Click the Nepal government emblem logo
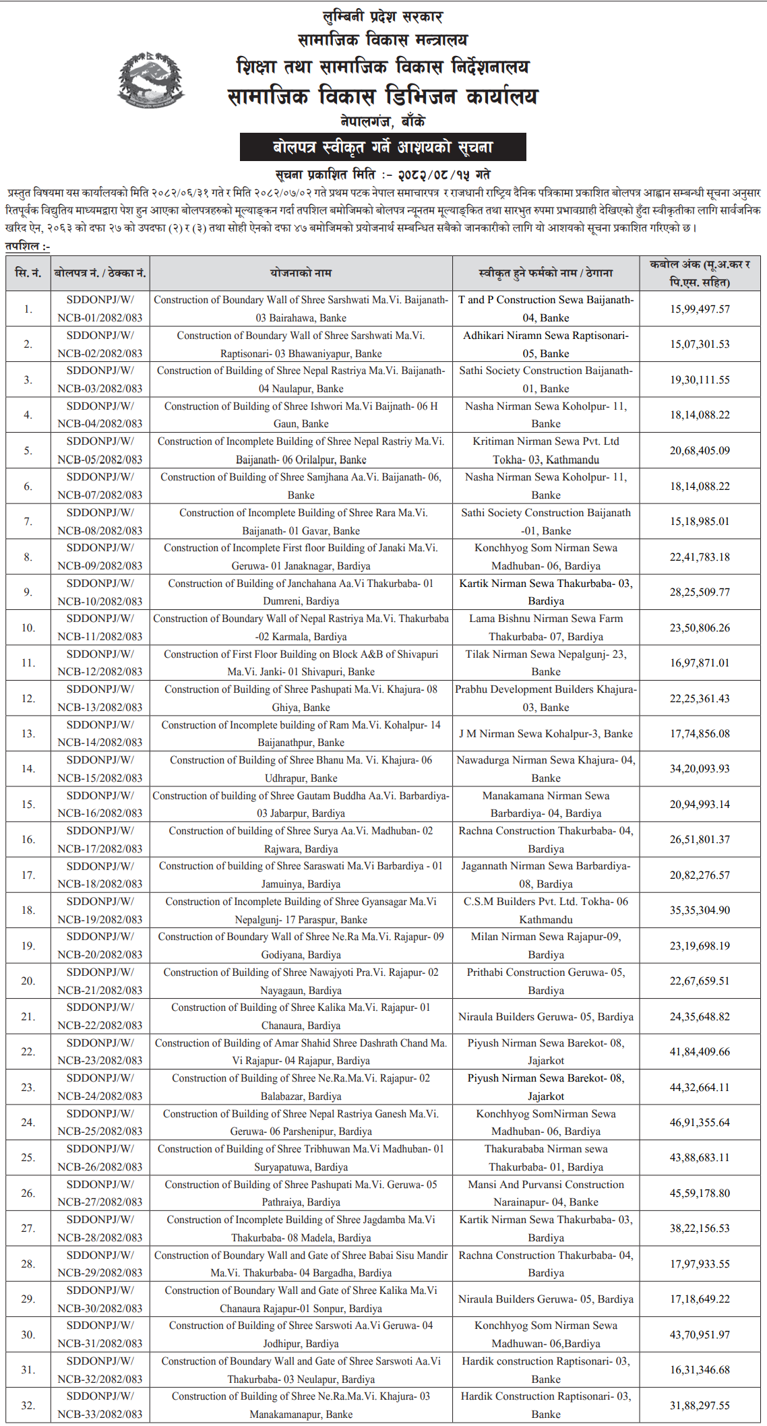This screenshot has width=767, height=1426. (x=151, y=80)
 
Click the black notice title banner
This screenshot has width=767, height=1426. (x=383, y=147)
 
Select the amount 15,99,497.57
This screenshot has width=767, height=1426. (x=699, y=309)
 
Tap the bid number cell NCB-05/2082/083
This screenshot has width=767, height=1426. (x=100, y=451)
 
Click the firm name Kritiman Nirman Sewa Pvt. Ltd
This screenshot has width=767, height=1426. (x=545, y=442)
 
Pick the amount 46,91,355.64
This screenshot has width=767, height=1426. (x=699, y=1122)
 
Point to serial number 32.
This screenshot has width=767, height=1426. (x=28, y=1405)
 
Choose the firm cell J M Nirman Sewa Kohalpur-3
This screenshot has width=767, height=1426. (x=545, y=733)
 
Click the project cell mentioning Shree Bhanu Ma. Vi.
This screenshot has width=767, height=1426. (x=301, y=769)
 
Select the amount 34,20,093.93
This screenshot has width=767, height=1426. (x=699, y=768)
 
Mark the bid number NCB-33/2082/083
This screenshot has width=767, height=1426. (x=100, y=1414)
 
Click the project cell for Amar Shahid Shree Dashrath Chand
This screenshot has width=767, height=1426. (x=301, y=1051)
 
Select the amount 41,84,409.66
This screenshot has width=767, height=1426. (x=699, y=1051)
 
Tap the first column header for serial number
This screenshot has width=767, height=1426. (x=28, y=273)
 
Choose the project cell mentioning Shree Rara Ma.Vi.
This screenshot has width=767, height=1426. (x=301, y=522)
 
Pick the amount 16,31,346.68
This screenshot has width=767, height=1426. (x=699, y=1369)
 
